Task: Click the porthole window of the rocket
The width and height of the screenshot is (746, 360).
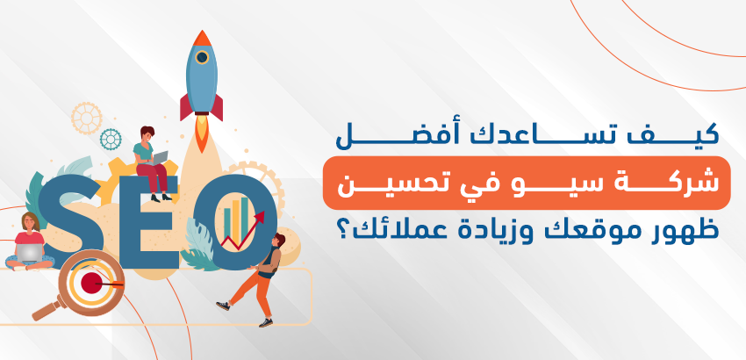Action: pos(202,58)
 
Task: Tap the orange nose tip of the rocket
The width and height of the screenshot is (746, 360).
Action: pos(202,38)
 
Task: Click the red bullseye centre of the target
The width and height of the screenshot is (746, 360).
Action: pos(91,283)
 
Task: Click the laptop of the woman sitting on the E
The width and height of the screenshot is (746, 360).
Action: pos(159,158)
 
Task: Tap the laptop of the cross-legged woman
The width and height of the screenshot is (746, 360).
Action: pos(30,252)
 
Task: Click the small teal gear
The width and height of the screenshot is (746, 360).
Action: pos(111,139)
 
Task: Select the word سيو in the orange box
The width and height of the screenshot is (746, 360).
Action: pos(495,184)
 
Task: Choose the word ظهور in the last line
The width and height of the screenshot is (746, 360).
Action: pos(686,232)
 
